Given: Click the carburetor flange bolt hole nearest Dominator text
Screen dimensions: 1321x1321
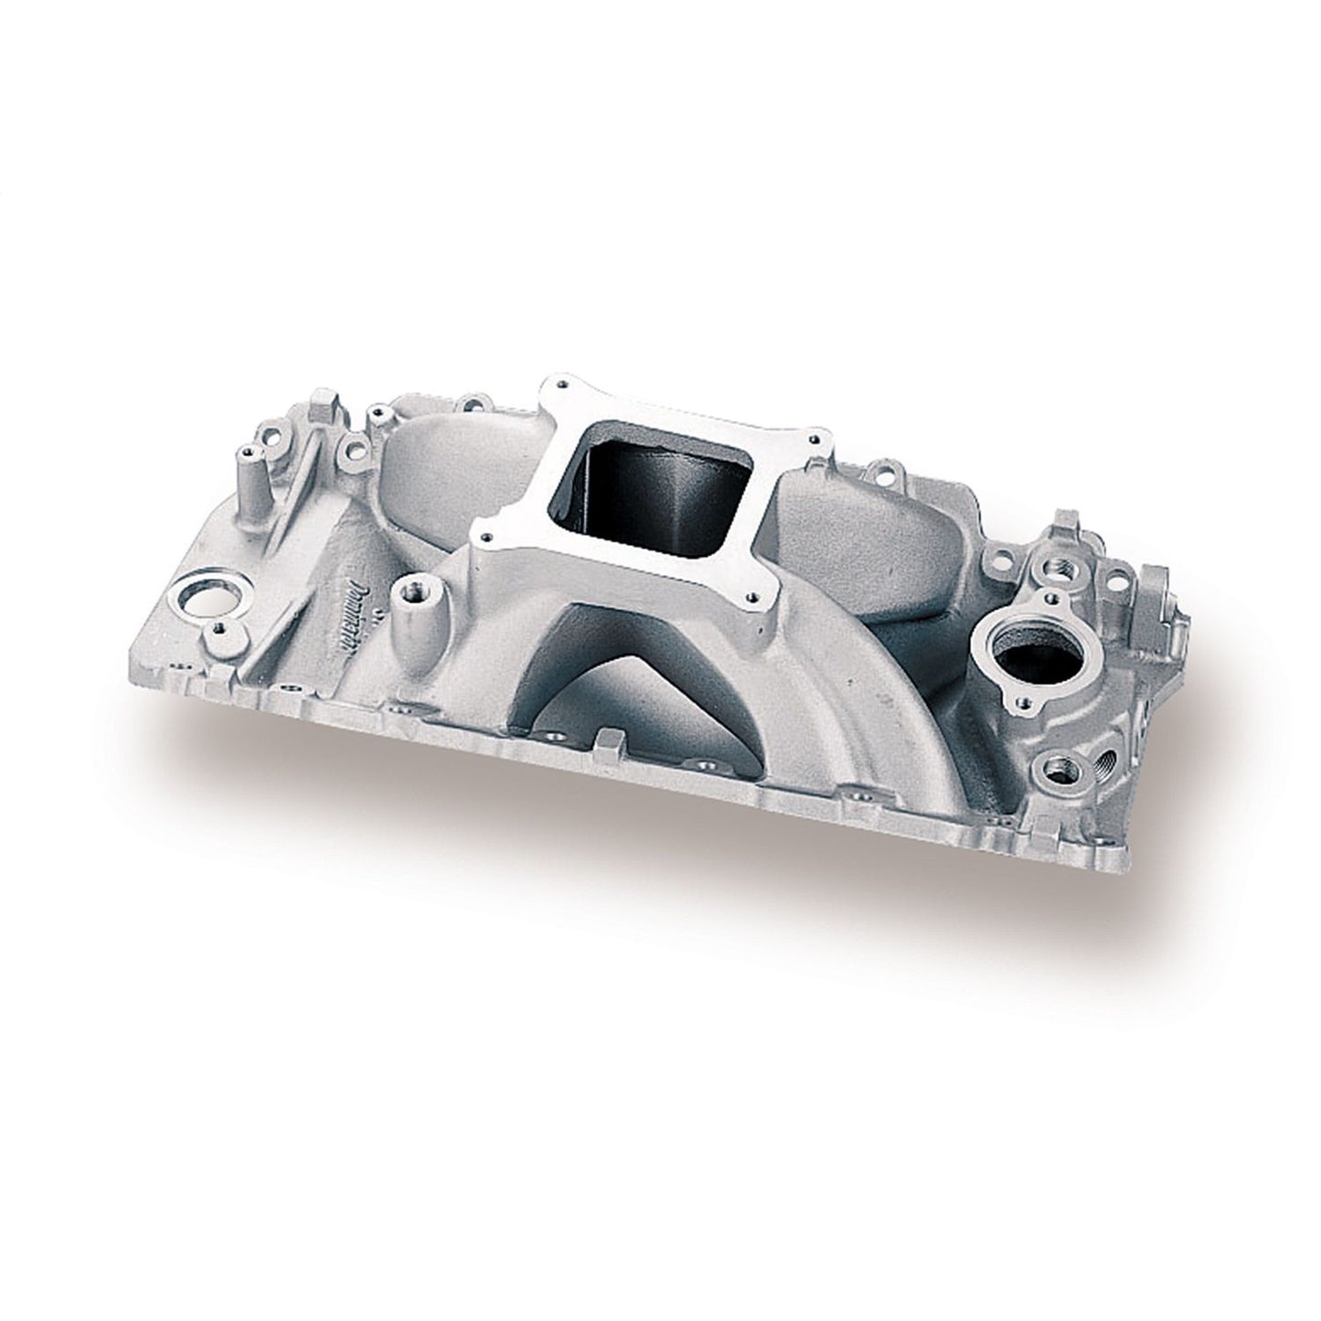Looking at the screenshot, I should tap(487, 536).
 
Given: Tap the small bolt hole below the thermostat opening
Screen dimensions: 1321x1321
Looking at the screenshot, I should tap(1023, 704).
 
